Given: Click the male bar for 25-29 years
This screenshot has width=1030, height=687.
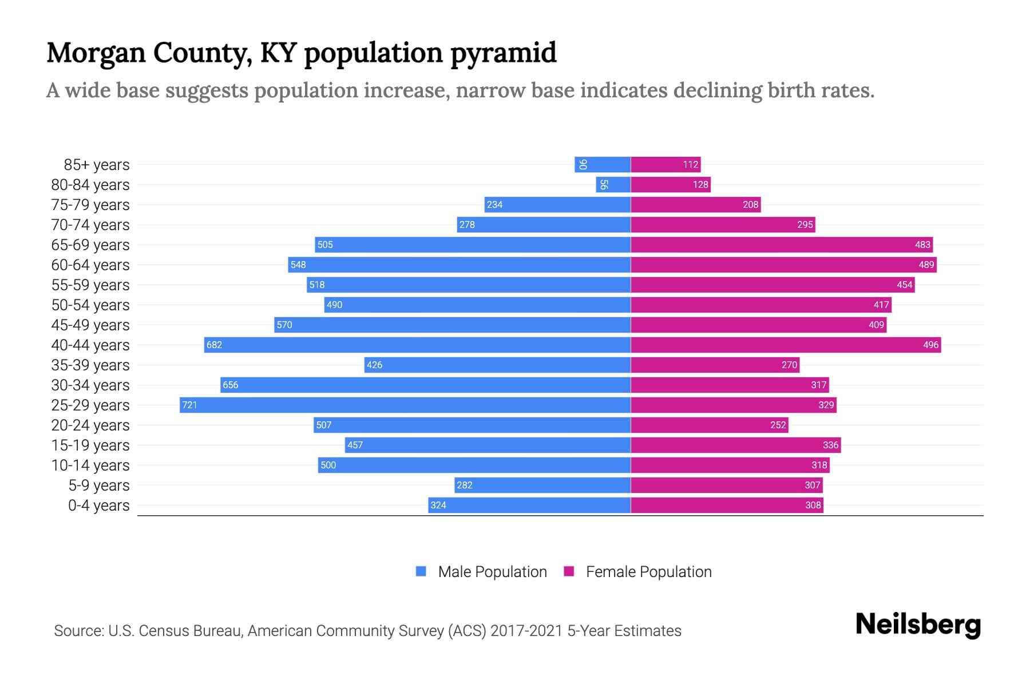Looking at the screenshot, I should [x=405, y=405].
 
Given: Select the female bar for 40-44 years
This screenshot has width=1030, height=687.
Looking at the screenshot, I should [x=785, y=345].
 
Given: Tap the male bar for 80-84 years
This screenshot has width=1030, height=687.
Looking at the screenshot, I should [x=613, y=185].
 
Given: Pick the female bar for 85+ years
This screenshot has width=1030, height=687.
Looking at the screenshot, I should [x=665, y=165].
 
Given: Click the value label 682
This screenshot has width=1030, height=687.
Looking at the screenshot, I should [x=214, y=345].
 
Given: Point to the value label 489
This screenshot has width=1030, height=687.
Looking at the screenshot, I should [x=926, y=265].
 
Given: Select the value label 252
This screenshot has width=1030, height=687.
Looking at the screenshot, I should [x=778, y=425].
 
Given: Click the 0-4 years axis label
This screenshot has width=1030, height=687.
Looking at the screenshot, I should [x=98, y=506].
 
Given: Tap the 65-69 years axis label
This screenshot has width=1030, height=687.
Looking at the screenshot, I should [x=90, y=245].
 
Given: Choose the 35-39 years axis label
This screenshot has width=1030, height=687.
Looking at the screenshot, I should [x=90, y=365].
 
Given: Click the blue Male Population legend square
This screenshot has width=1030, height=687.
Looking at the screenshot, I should [x=421, y=571].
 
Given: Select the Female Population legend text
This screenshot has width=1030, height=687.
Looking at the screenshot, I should [x=648, y=572].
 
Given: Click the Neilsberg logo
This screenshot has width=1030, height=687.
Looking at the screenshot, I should [x=918, y=625].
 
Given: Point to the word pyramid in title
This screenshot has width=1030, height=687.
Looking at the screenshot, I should [x=503, y=53].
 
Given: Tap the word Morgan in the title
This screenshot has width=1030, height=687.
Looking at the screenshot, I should [x=96, y=53].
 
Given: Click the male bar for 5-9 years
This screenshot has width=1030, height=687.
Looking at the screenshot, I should [x=542, y=485].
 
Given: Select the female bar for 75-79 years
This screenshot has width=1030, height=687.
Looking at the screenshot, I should [x=695, y=205].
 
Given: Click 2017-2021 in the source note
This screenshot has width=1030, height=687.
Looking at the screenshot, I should [x=526, y=631].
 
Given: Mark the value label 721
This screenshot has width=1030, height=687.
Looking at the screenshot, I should [x=189, y=405].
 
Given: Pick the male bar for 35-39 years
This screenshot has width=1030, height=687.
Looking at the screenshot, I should [x=497, y=365].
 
